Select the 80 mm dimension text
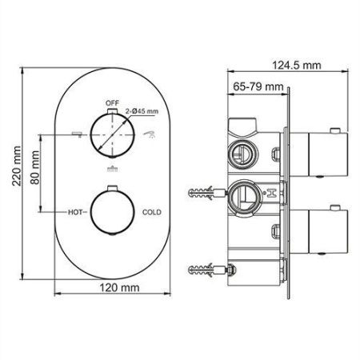pyautogui.click(x=35, y=168)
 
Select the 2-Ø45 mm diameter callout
pyautogui.click(x=142, y=112)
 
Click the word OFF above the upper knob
pyautogui.click(x=112, y=103)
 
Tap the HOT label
pyautogui.click(x=74, y=213)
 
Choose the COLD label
pyautogui.click(x=153, y=213)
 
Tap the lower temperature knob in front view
pyautogui.click(x=112, y=212)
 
